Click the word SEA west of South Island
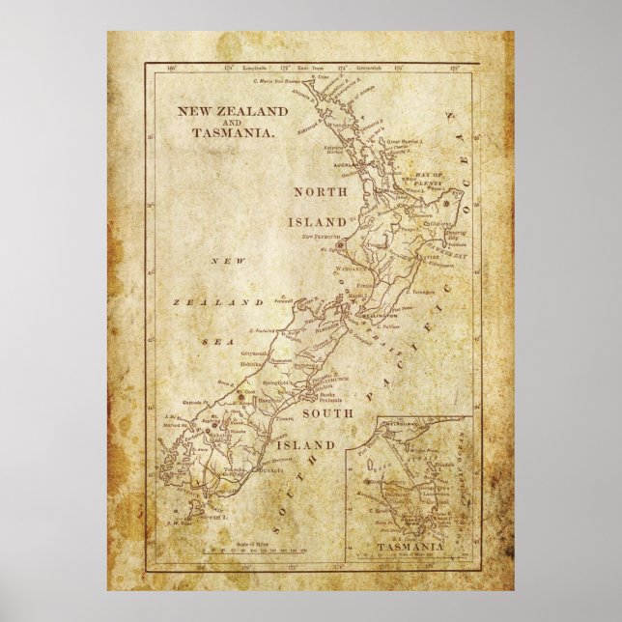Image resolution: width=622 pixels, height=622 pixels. click(212, 340)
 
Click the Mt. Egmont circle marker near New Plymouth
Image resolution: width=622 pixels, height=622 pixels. click(340, 245)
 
